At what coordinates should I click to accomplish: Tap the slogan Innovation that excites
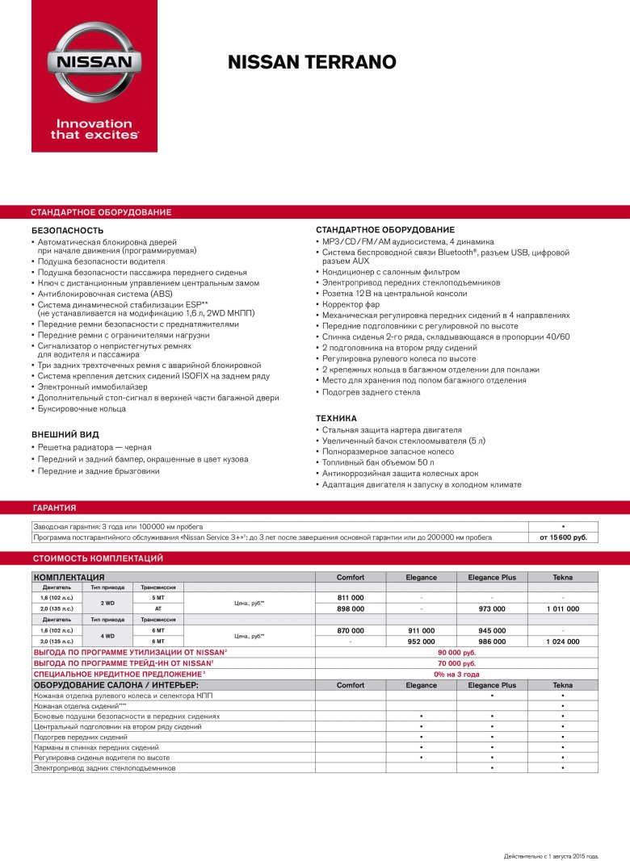click(94, 129)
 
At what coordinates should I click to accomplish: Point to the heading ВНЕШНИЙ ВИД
click(65, 434)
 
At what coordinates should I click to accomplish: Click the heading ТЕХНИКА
click(336, 418)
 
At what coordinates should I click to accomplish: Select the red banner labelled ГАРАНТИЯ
click(54, 508)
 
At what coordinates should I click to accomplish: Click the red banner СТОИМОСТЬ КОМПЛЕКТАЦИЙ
click(98, 558)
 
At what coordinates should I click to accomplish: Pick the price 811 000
click(350, 597)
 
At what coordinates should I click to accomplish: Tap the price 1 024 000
click(562, 641)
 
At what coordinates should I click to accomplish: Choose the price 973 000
click(492, 608)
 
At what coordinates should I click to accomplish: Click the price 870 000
click(350, 630)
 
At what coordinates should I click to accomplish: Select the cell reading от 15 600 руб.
click(562, 537)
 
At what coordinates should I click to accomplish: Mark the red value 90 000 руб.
click(456, 651)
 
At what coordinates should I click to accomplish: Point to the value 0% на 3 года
click(456, 674)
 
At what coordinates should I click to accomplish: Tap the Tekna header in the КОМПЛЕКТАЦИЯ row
click(562, 577)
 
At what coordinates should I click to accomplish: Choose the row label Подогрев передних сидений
click(80, 738)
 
